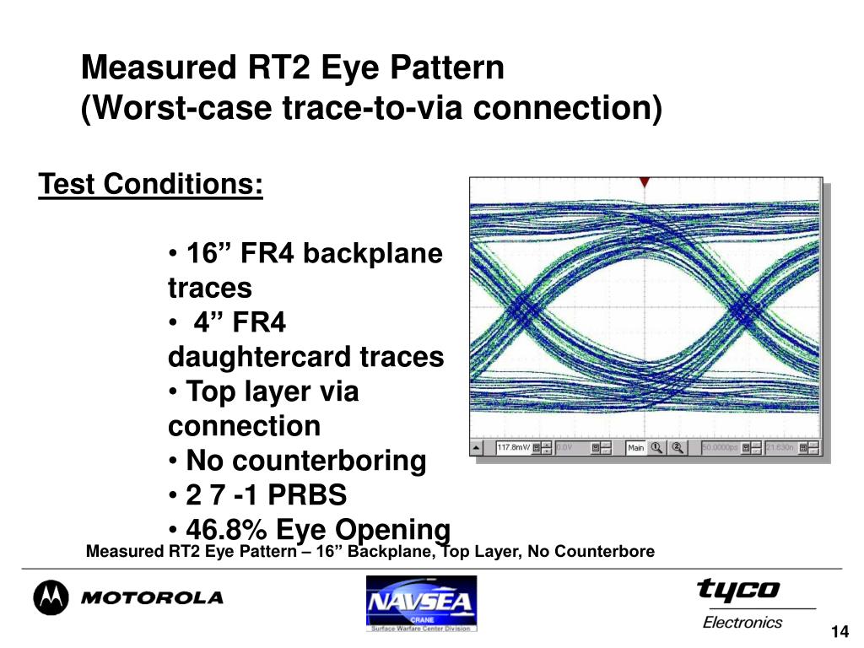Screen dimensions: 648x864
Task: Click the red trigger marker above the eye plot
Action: tap(644, 182)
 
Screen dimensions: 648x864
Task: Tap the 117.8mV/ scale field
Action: tap(514, 448)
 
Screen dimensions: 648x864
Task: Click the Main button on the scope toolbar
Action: tap(636, 448)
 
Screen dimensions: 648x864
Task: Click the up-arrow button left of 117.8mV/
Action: tap(478, 448)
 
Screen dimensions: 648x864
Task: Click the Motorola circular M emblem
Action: tap(50, 597)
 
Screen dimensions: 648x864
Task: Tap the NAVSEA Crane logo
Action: tap(421, 603)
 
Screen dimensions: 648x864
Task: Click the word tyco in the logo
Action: tap(738, 589)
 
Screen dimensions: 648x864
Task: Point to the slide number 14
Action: tap(839, 633)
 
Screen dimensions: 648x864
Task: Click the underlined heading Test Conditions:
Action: tap(151, 184)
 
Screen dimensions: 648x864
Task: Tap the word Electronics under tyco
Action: tap(742, 623)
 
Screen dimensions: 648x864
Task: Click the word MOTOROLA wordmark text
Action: tap(152, 598)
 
